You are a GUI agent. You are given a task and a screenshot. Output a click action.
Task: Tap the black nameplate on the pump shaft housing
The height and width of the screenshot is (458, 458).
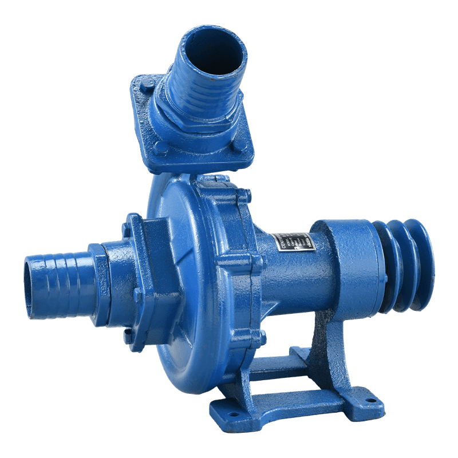tap(293, 245)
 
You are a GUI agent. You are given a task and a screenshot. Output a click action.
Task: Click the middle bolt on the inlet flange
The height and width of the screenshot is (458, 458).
tap(138, 295)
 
